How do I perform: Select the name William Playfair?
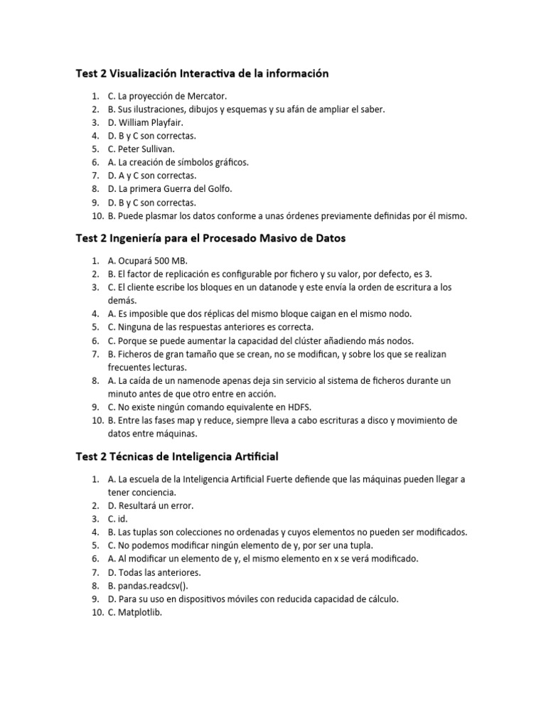[x=151, y=122]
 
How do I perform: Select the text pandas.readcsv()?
[x=150, y=586]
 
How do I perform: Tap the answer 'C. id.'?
[x=117, y=519]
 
